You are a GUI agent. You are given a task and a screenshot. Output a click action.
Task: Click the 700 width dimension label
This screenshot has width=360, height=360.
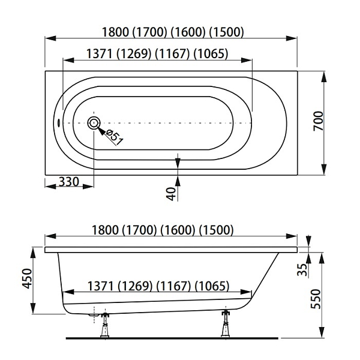point(319,121)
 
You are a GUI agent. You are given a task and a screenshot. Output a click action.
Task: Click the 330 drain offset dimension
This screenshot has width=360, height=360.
point(69,182)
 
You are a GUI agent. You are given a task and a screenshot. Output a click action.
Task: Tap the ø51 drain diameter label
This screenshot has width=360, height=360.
point(115,137)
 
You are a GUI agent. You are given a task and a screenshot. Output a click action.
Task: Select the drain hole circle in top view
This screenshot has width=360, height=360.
point(94,123)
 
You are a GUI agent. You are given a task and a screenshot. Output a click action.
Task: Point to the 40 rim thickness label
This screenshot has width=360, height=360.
point(171,194)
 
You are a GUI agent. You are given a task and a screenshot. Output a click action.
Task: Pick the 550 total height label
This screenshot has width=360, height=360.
point(316,299)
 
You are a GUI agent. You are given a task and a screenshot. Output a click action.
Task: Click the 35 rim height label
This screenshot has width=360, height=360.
point(302,269)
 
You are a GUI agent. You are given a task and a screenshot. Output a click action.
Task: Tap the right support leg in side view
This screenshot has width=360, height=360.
point(226,324)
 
